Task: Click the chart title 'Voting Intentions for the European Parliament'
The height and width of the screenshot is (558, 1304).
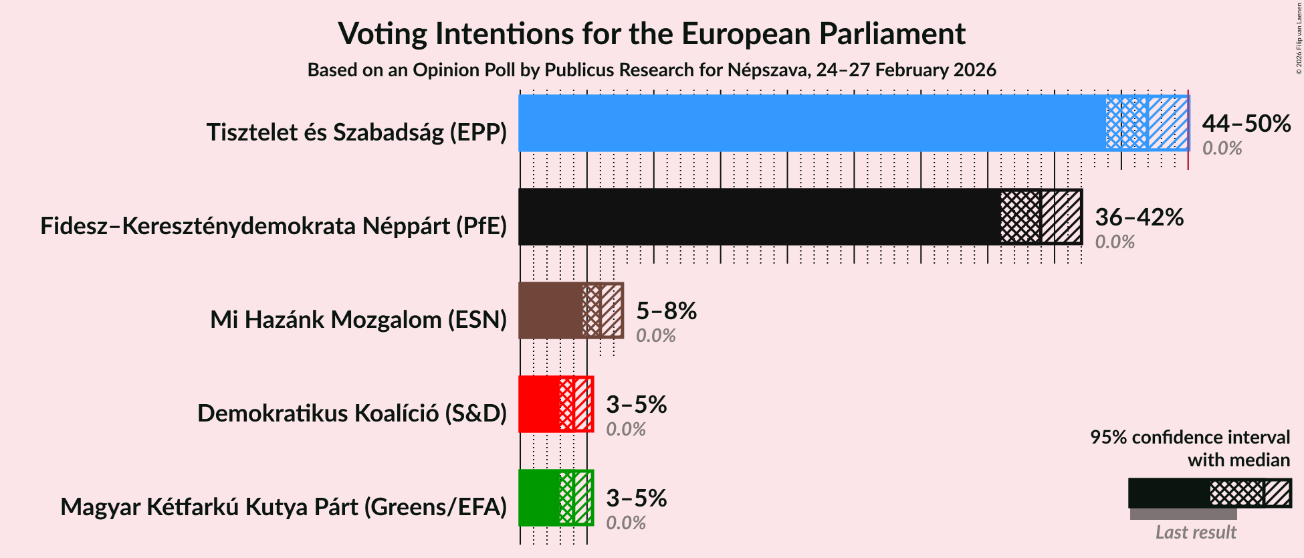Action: (x=651, y=33)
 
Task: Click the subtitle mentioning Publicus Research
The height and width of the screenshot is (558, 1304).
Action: (x=651, y=70)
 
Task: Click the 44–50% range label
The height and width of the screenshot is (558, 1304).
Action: (x=1246, y=124)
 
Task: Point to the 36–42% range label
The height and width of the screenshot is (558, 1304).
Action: (x=1139, y=217)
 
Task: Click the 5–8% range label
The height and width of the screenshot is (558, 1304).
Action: (x=666, y=311)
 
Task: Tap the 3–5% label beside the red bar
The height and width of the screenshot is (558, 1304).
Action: (x=636, y=405)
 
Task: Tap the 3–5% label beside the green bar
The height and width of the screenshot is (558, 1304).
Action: (x=636, y=498)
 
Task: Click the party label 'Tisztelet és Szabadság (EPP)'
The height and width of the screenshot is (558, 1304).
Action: (x=356, y=132)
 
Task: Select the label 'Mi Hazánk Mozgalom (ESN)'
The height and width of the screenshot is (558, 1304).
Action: (x=358, y=320)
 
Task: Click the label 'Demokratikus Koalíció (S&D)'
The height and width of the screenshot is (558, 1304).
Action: (x=352, y=413)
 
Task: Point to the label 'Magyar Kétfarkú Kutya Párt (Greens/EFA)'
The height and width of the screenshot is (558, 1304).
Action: (x=284, y=507)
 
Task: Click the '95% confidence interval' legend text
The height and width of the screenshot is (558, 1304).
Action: (x=1190, y=438)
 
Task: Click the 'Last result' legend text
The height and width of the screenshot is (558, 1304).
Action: (x=1195, y=533)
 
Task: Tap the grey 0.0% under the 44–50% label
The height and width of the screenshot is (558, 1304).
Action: (x=1222, y=149)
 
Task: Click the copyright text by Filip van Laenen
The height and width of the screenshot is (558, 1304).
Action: (x=1299, y=37)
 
